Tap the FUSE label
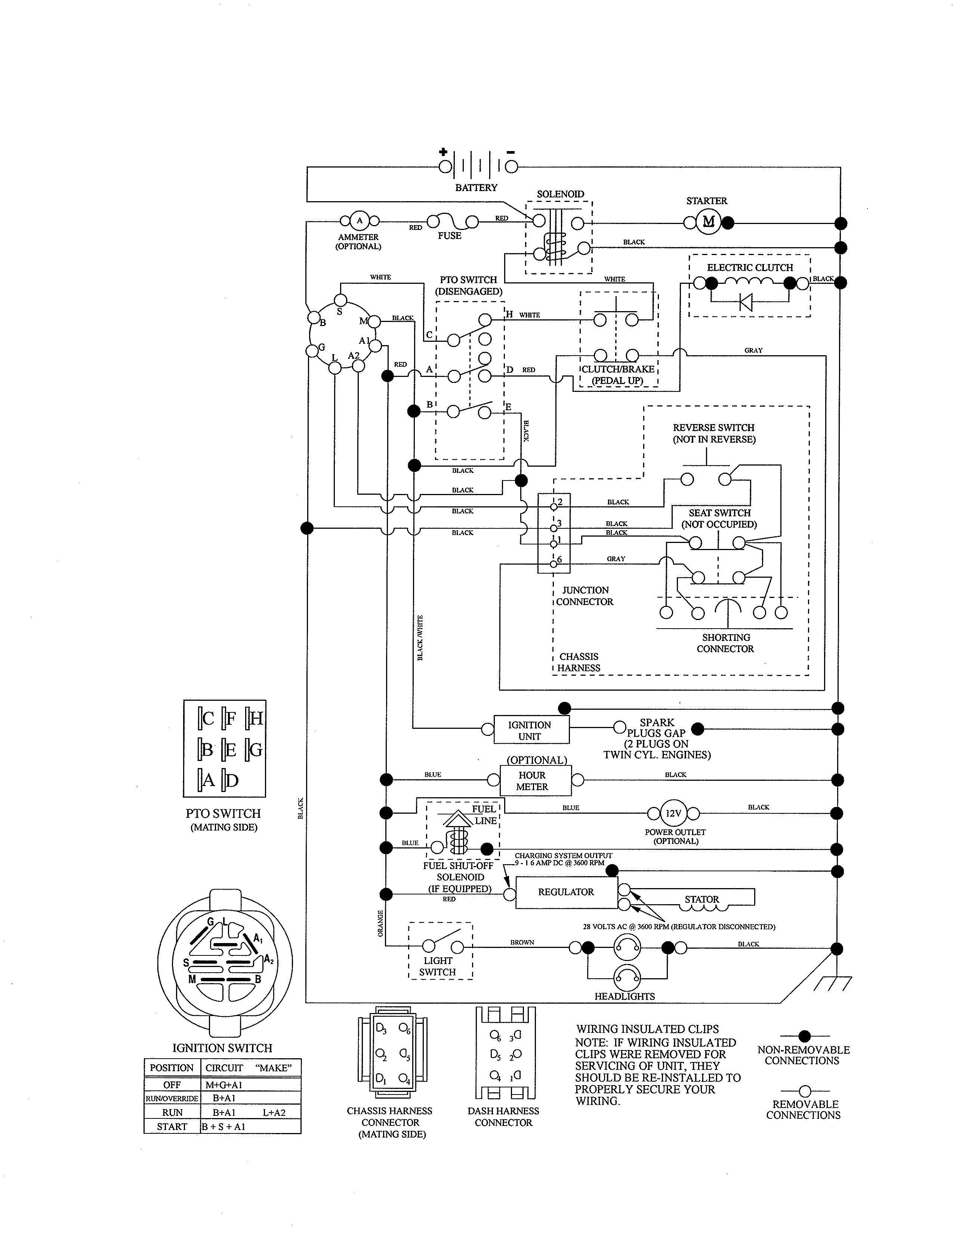pos(449,236)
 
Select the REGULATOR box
pos(566,891)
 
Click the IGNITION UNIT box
pos(531,730)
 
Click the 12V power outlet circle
pos(673,813)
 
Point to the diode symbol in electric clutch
pos(746,303)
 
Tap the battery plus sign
pos(443,151)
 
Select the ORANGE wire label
pos(380,923)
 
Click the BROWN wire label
pos(522,942)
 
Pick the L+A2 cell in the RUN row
pos(274,1112)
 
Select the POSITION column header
pos(172,1067)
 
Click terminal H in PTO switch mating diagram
pos(255,718)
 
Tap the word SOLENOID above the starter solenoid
pos(560,194)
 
